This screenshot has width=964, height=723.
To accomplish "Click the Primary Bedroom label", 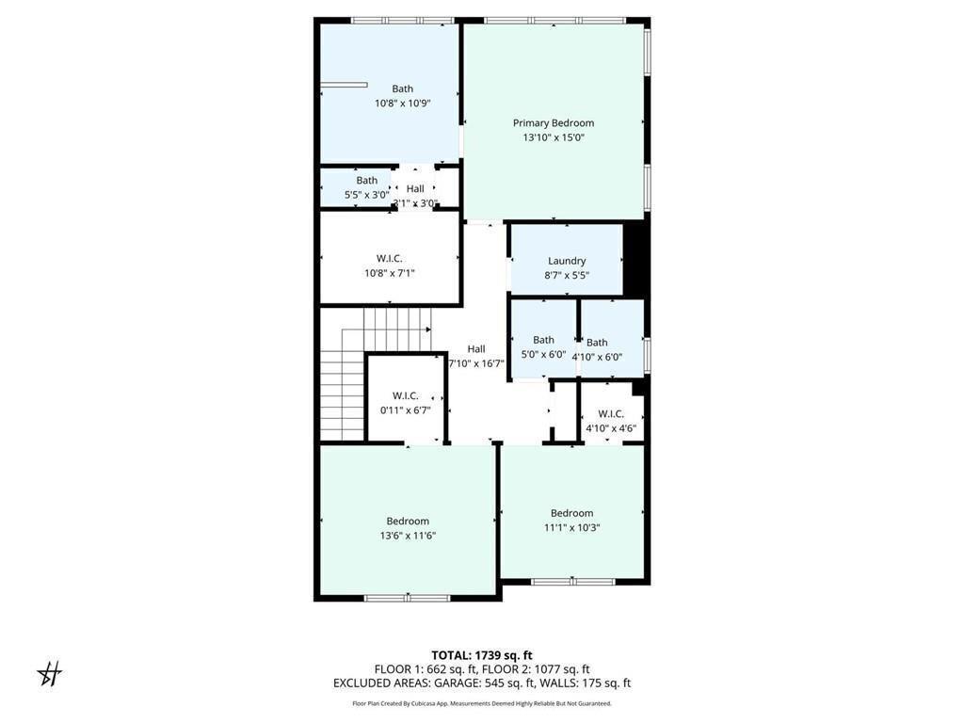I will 554,122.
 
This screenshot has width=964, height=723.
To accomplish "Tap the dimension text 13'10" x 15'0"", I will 554,137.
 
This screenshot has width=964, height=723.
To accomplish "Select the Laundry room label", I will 567,261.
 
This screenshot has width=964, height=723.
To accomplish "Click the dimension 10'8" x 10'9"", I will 402,104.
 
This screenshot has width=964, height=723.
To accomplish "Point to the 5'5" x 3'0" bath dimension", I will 366,195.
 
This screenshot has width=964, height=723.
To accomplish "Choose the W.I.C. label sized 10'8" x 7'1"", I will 390,258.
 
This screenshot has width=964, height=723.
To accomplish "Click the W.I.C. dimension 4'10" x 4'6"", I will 611,428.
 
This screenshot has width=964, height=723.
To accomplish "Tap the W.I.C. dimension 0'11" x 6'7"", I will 405,410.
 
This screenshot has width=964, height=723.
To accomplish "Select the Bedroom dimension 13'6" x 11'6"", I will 408,536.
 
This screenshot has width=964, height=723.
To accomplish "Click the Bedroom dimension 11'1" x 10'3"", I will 571,527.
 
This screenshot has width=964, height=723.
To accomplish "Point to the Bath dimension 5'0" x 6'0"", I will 543,355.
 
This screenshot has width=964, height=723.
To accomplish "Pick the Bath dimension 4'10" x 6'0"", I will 597,357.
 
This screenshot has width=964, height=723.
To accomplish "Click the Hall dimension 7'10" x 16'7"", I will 476,363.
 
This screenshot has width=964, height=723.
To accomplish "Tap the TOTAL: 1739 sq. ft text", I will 482,655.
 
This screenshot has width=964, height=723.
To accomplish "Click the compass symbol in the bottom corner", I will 49,673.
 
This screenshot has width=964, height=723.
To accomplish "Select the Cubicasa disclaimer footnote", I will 482,703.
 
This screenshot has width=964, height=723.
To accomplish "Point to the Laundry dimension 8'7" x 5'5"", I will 567,275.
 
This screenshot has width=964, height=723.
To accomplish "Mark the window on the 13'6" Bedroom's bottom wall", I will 408,598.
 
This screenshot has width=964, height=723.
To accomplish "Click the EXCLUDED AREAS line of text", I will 482,683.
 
